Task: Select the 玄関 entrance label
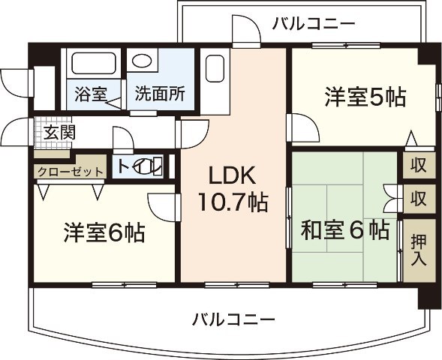tap(58, 133)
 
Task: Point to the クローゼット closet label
tap(70, 172)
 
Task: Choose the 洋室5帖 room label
tap(365, 97)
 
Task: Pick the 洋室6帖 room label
tap(104, 232)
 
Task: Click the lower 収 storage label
tap(418, 199)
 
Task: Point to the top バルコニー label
tap(313, 23)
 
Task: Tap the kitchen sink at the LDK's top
tap(215, 71)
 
